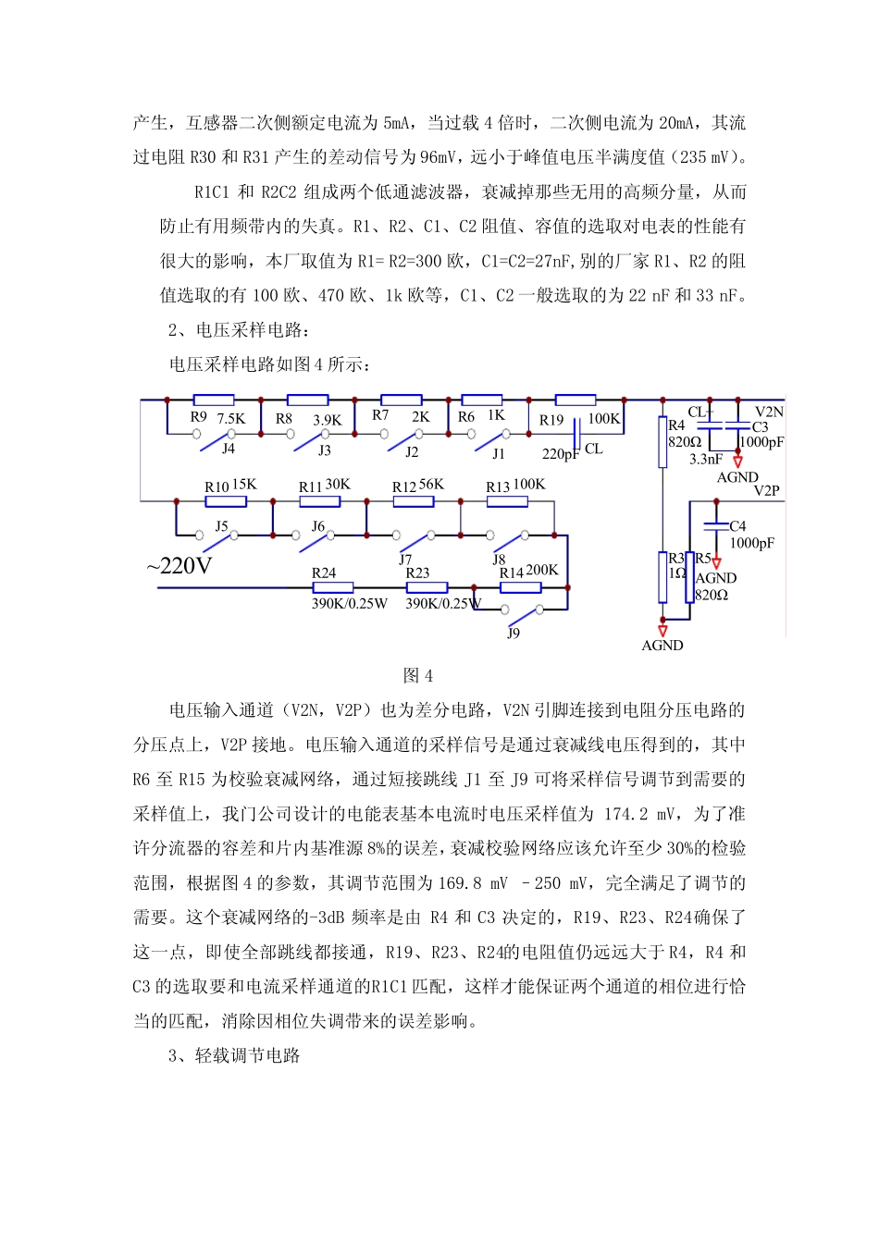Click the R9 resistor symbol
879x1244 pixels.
pos(213,400)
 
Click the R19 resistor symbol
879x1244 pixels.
pos(575,400)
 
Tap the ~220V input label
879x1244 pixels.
pos(180,565)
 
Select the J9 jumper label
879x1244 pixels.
pos(514,634)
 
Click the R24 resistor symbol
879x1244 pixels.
pos(332,587)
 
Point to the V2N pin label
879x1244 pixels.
pos(769,412)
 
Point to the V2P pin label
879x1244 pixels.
pos(766,490)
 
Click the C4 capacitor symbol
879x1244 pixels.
pos(715,526)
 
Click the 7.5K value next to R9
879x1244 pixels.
pos(231,418)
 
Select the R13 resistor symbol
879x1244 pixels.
pos(507,501)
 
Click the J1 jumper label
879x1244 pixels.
pos(499,453)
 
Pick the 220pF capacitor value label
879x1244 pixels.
pos(561,453)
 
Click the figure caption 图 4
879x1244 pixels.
pos(418,675)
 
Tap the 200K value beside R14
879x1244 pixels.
pos(542,570)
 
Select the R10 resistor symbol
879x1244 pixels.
pos(226,501)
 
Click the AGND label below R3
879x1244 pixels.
pos(662,646)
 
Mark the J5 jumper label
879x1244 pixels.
pos(221,525)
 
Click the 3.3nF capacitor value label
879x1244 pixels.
pos(706,459)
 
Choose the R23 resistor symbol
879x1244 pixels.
pos(427,587)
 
